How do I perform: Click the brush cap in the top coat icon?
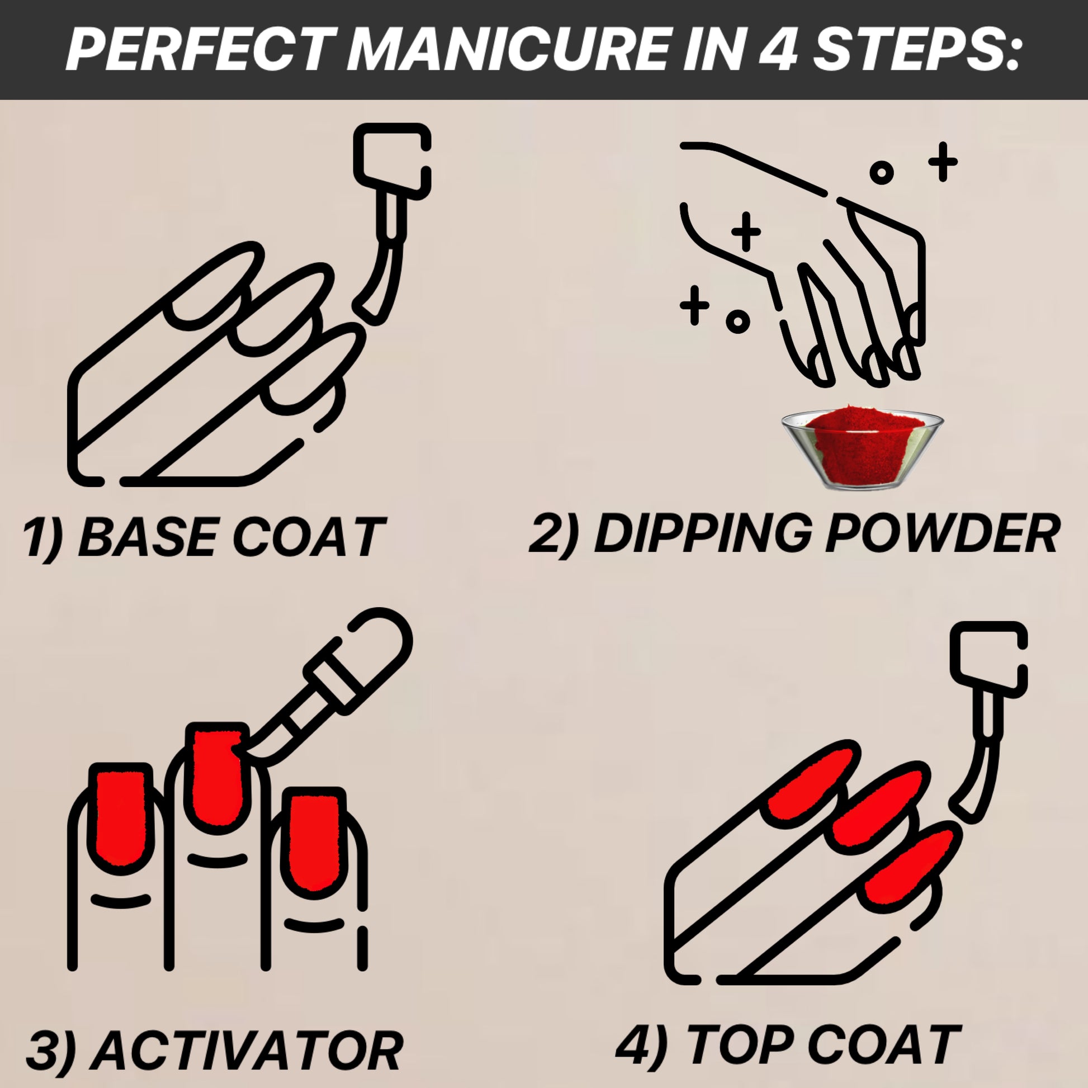[x=989, y=657]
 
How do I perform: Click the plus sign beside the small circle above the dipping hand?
[x=943, y=162]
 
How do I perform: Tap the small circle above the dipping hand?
[x=882, y=172]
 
